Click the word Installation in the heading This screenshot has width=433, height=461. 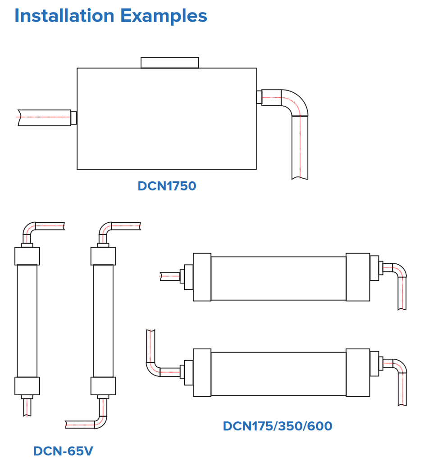(64, 16)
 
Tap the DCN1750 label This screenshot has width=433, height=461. (167, 186)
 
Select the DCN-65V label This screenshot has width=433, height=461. (63, 451)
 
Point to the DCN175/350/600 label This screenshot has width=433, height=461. (278, 426)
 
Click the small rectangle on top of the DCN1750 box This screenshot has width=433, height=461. (170, 63)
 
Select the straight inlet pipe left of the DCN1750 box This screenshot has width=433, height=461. (44, 118)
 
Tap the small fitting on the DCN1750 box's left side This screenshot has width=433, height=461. (74, 118)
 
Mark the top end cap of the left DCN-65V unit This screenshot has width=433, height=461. (27, 256)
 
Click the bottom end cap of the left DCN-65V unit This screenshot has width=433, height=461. (27, 386)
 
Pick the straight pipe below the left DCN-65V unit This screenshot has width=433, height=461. (27, 407)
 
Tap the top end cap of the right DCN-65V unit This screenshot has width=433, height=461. (103, 256)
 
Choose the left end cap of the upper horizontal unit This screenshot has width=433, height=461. (202, 277)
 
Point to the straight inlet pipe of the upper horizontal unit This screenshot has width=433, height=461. (170, 276)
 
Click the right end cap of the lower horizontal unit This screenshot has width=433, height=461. (358, 373)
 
